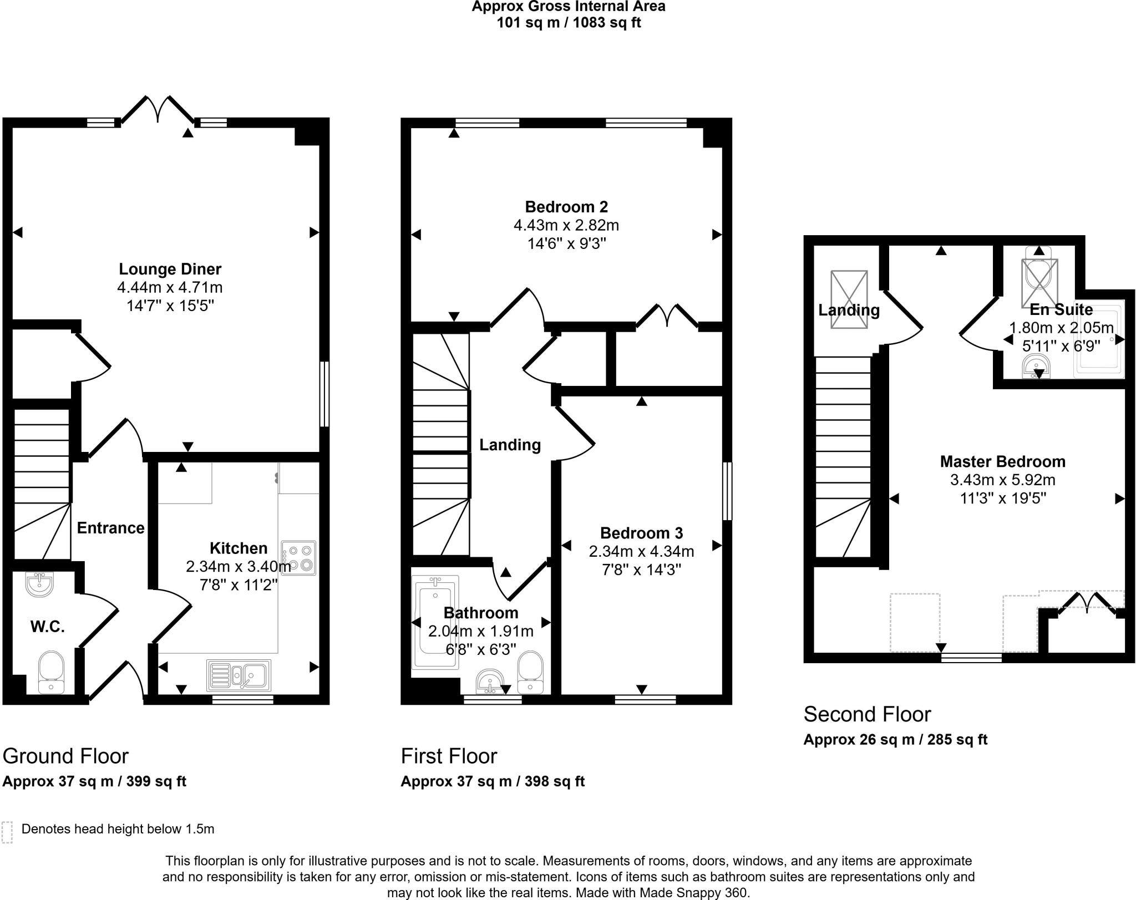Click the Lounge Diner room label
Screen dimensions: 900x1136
170,270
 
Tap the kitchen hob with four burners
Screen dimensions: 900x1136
298,558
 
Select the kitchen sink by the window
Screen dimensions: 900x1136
239,675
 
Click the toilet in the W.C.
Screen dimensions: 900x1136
51,671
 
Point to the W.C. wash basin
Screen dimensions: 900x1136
39,584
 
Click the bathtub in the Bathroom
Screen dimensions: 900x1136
435,621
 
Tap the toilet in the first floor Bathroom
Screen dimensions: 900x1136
530,671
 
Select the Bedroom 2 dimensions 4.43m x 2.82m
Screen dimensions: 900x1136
566,226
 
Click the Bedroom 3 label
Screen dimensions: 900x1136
641,533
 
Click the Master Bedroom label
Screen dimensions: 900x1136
1002,462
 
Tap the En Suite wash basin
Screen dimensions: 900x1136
1036,367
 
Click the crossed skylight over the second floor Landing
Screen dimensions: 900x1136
849,299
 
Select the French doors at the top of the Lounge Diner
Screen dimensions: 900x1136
158,109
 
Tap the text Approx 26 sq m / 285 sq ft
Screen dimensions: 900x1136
895,740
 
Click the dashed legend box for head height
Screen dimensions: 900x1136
7,832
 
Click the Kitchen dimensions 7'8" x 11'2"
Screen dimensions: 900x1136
239,585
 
